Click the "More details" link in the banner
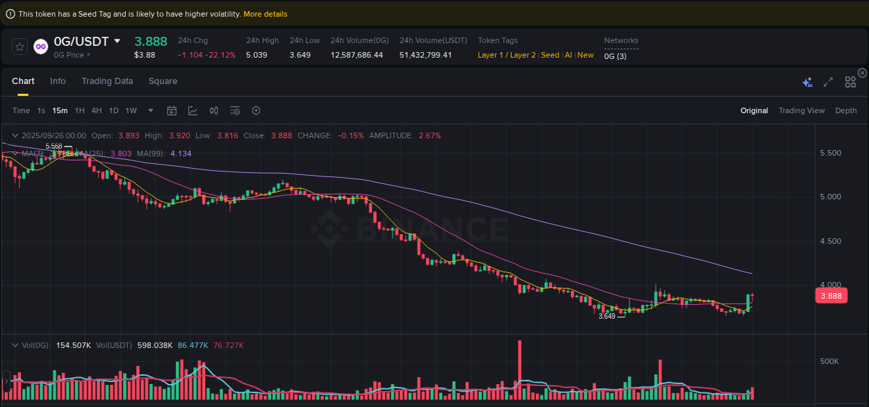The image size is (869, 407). click(265, 14)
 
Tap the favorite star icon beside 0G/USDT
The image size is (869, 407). click(20, 47)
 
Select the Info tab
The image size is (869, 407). click(58, 81)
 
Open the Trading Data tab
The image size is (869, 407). click(107, 81)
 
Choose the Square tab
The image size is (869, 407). click(163, 81)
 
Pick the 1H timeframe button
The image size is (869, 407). click(80, 110)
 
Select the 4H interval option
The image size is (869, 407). click(97, 110)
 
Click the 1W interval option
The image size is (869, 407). click(131, 110)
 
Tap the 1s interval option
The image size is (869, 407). click(41, 110)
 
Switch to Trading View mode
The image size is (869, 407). click(802, 110)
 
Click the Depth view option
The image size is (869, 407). click(846, 110)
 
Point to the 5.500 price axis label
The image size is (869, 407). click(831, 153)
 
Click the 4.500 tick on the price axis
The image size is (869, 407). click(831, 241)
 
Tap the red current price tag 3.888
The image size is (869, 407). click(831, 296)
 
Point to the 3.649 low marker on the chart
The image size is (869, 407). click(607, 316)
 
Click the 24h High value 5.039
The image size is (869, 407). click(257, 55)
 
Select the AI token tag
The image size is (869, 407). click(568, 55)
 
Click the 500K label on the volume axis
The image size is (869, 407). click(830, 361)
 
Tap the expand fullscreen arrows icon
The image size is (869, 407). click(828, 82)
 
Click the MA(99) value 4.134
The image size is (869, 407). click(181, 153)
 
